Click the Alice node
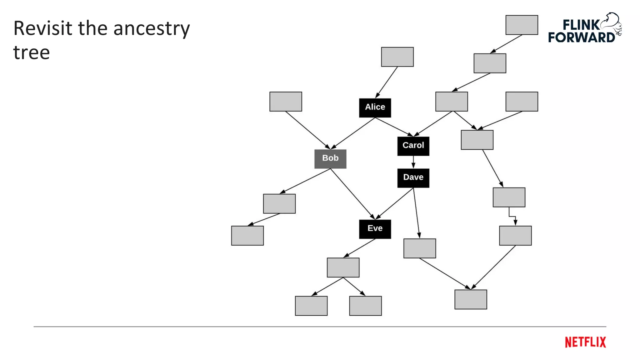pos(375,108)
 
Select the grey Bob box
pos(330,159)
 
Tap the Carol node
pos(413,146)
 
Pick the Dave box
pos(413,178)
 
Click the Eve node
pos(375,229)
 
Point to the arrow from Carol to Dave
pos(413,162)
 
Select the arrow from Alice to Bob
pos(353,133)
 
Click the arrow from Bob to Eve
pos(352,194)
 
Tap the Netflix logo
pos(585,342)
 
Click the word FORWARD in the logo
pos(581,37)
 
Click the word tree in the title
pos(32,52)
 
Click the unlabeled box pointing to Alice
pos(397,57)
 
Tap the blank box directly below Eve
pos(343,267)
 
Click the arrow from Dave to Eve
pos(394,203)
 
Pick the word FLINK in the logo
pos(581,25)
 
